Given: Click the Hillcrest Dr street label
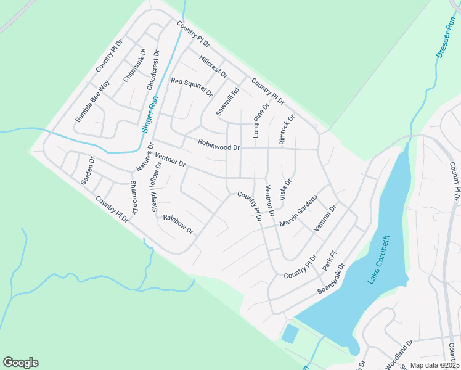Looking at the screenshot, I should tap(213, 66).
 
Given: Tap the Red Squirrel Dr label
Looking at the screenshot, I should tap(192, 88).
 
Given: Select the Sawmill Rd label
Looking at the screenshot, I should tap(227, 101).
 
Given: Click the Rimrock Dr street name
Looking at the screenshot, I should tap(287, 129).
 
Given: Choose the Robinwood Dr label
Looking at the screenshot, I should tap(219, 146).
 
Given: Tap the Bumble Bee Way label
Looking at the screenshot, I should tap(92, 101).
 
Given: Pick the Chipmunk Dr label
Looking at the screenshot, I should tap(134, 66).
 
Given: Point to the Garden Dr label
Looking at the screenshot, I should tap(87, 171).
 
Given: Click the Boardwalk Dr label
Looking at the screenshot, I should tap(330, 278).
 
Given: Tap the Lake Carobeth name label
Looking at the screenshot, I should tap(380, 260).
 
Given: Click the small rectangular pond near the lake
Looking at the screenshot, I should tap(289, 334).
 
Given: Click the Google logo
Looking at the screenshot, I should tap(21, 363).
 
